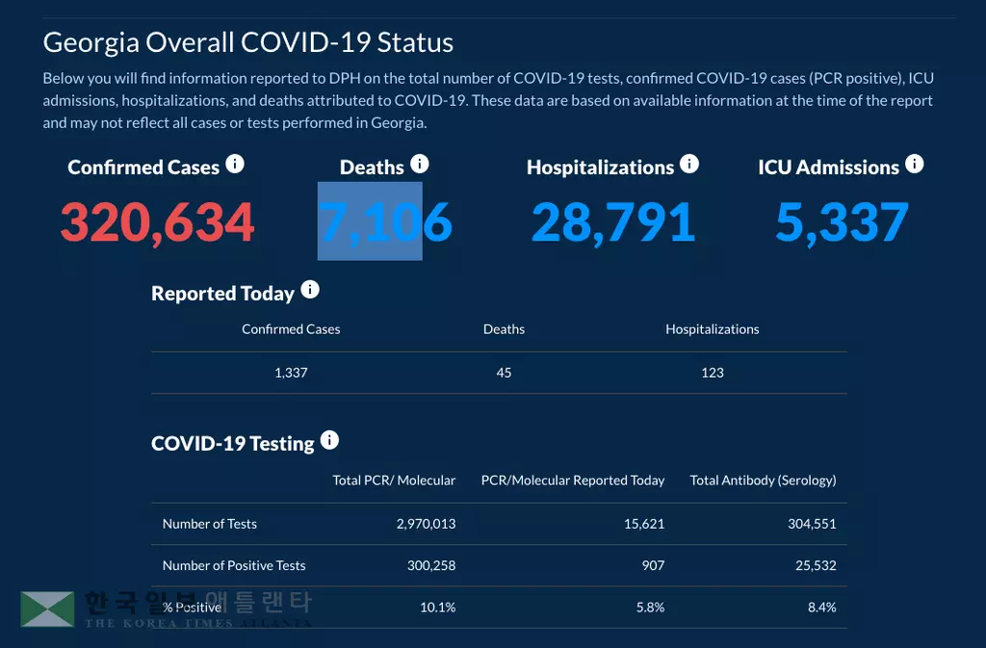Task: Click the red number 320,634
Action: [x=157, y=222]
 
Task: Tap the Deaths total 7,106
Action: [x=385, y=222]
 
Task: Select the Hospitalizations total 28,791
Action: [x=612, y=222]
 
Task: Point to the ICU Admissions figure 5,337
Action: [x=842, y=222]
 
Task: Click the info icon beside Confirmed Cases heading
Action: [x=235, y=165]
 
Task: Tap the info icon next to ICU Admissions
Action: [x=914, y=165]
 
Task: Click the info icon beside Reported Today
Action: [x=310, y=290]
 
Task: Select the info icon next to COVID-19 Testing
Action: [x=329, y=440]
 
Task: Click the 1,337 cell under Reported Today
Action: [x=291, y=373]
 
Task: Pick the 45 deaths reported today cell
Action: [x=504, y=373]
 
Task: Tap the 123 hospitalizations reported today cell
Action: [x=713, y=373]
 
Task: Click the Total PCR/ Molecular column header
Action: [x=394, y=480]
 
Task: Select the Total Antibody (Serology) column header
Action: [x=763, y=480]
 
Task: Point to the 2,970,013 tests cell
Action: [x=426, y=524]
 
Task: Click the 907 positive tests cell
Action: [x=653, y=565]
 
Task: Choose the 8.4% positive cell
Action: [x=821, y=608]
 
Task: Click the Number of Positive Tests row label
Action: [x=234, y=565]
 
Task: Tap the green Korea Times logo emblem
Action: [x=47, y=609]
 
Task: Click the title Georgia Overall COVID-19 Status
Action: [x=248, y=43]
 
